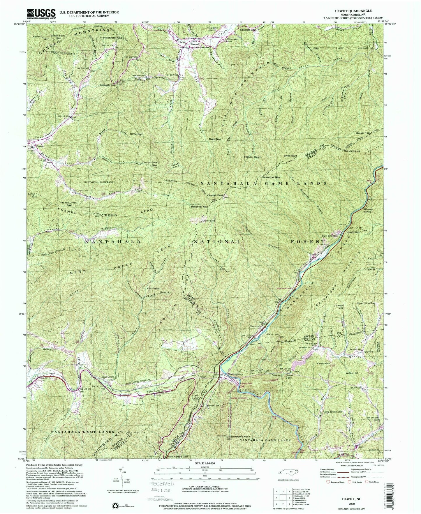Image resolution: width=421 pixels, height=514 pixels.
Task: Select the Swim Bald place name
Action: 290,156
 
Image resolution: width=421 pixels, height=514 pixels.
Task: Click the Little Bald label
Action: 209,220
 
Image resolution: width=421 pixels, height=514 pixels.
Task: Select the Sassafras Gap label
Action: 271,177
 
